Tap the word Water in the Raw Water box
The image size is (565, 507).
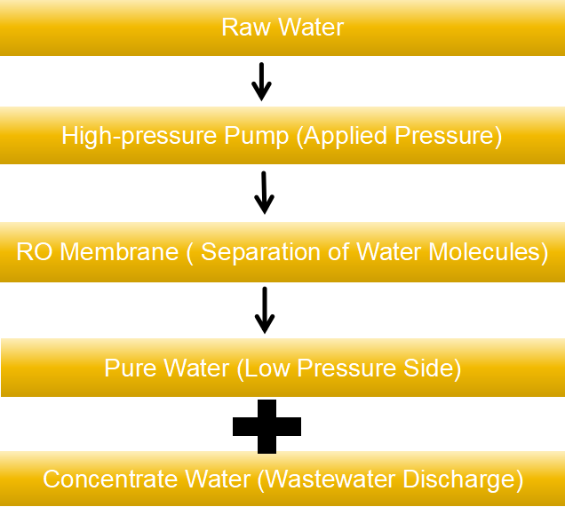(311, 27)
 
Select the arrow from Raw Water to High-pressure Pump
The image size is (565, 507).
(261, 82)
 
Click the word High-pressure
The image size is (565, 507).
(139, 136)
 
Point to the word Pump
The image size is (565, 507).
(256, 136)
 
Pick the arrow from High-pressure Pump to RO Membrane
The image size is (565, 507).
(264, 193)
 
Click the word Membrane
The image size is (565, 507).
(119, 251)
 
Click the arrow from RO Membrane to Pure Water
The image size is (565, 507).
(265, 310)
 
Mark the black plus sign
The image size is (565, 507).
(267, 427)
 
